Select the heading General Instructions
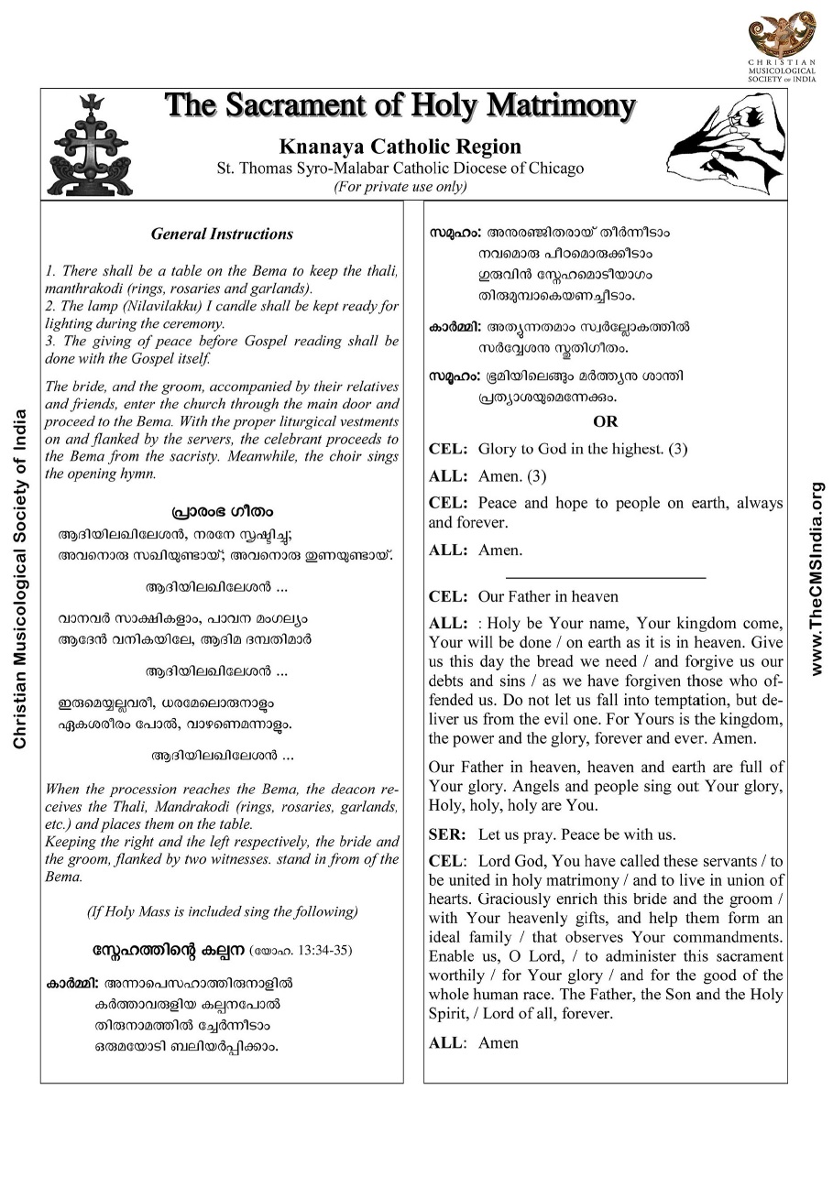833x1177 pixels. [x=222, y=234]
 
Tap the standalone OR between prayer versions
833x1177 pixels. [x=606, y=421]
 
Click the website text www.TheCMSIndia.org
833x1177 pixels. [x=817, y=578]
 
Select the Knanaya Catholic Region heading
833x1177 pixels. [x=400, y=147]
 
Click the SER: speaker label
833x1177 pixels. [x=447, y=834]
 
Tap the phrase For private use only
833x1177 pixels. [x=400, y=187]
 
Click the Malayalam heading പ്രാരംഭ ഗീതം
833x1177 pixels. [x=222, y=511]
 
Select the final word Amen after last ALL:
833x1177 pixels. [x=499, y=1042]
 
